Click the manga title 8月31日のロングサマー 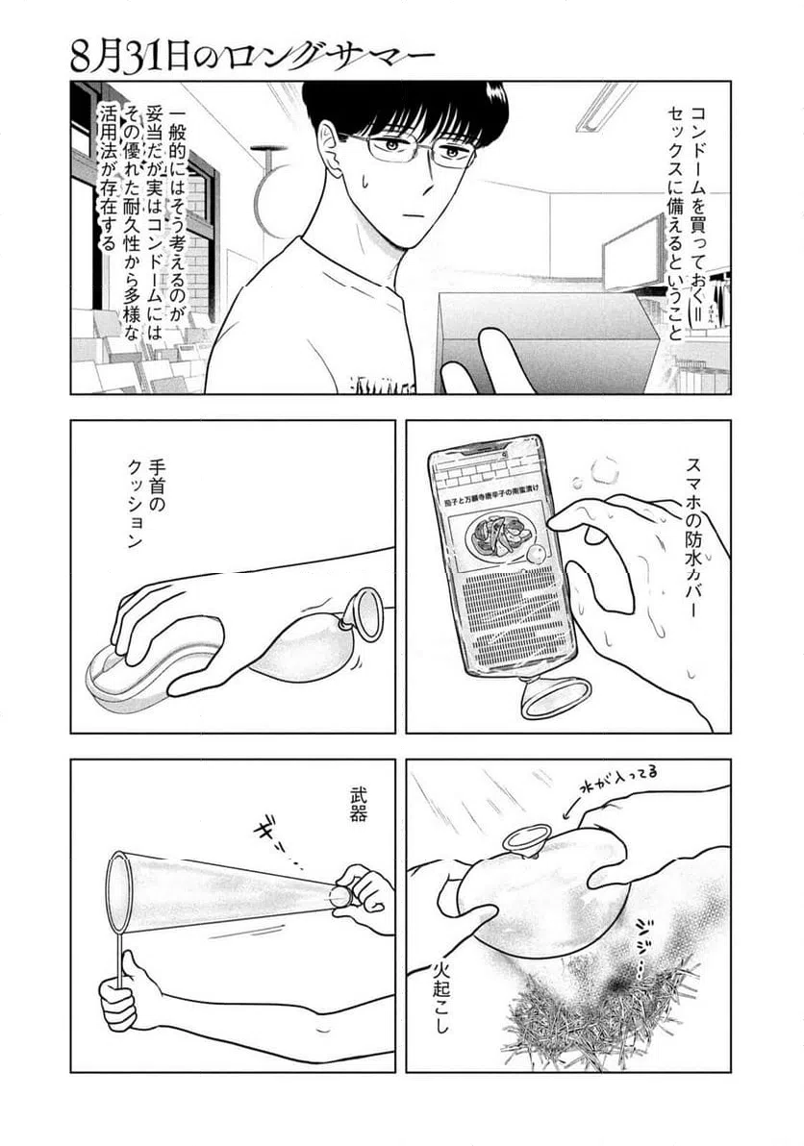click(253, 52)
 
